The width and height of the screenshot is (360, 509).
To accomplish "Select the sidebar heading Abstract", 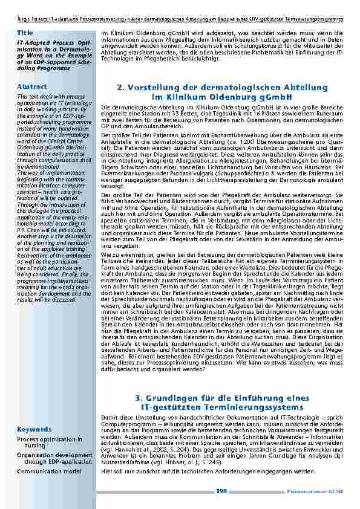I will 30,86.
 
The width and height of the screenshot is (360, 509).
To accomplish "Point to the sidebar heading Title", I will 25,31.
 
